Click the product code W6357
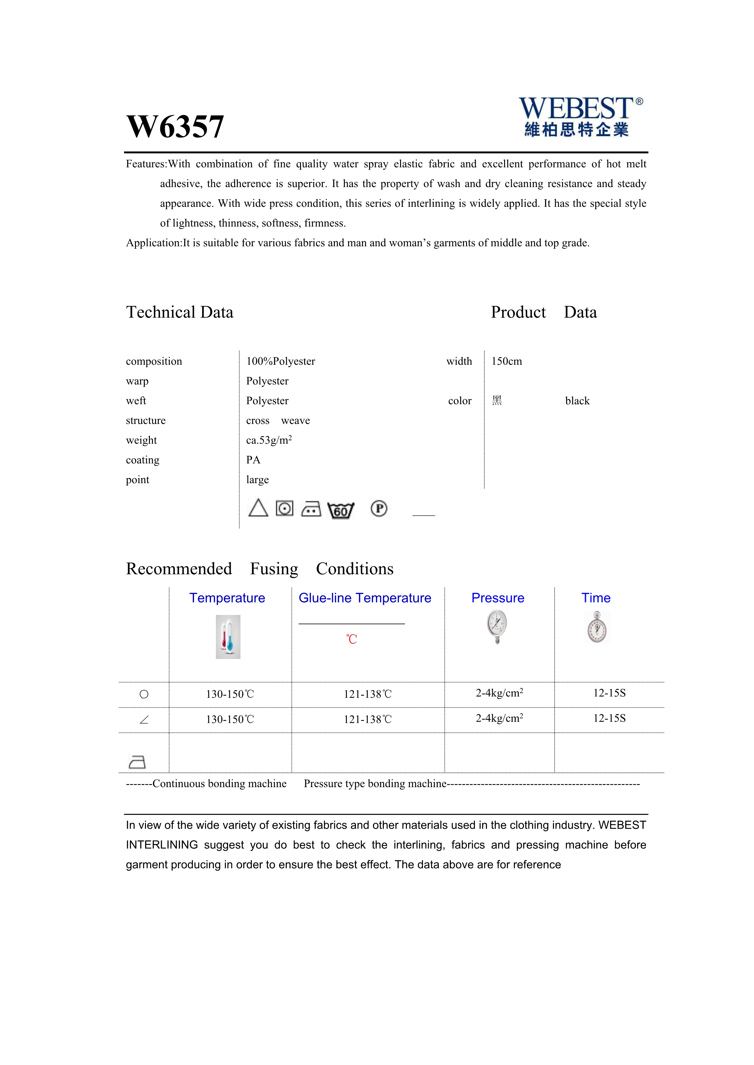175,127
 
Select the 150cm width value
507,361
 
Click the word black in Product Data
577,401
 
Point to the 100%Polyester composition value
280,361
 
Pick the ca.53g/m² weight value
269,440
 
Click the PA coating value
253,460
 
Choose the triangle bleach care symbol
258,508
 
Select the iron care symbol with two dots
311,509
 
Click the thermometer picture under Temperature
228,637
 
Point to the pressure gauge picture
497,627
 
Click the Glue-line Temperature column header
365,598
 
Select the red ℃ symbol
351,639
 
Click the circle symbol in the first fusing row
144,695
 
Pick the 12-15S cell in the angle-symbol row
609,719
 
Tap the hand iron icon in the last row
137,762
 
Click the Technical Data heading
180,312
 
